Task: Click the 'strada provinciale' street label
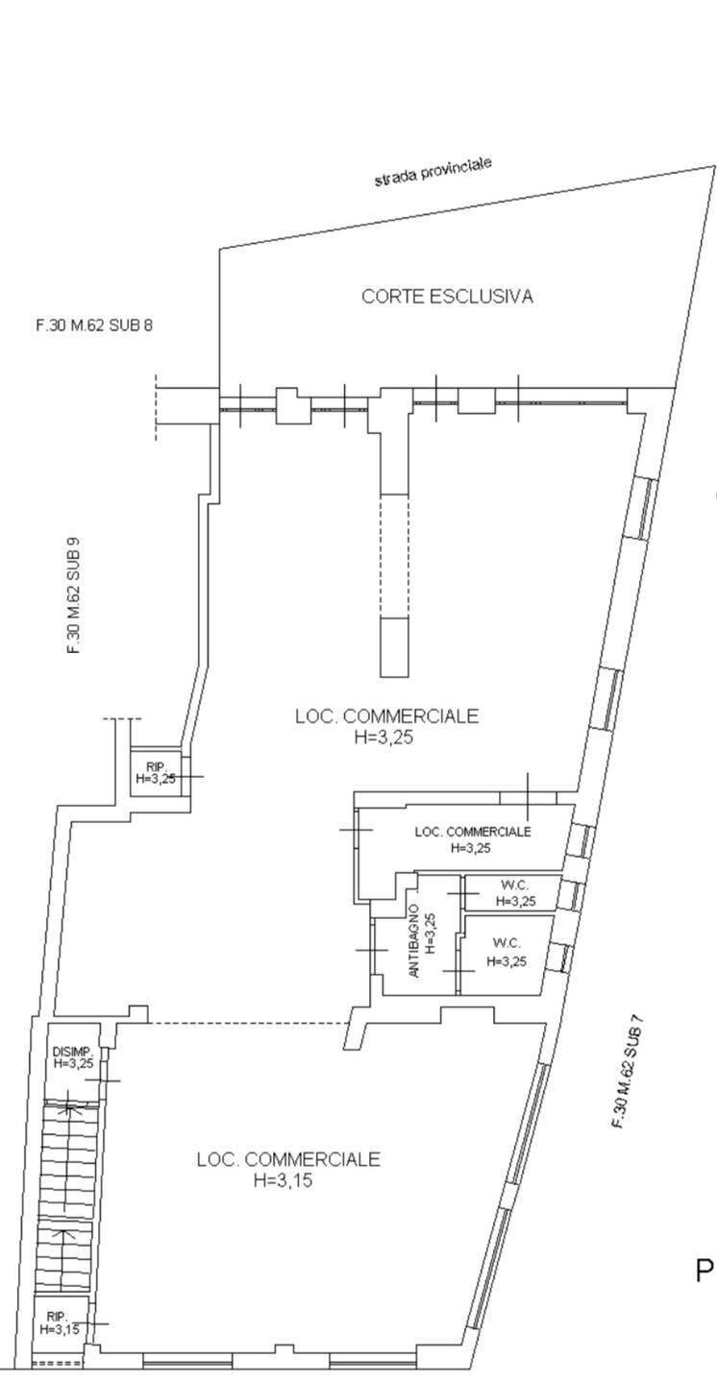point(433,172)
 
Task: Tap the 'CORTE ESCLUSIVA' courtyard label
point(447,297)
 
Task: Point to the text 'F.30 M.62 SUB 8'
point(94,326)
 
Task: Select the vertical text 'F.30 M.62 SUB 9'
point(73,595)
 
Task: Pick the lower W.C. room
point(507,955)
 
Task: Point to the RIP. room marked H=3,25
point(155,772)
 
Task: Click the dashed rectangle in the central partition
point(394,556)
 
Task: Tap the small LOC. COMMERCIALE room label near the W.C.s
point(472,832)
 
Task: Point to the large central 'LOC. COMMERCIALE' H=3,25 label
point(386,716)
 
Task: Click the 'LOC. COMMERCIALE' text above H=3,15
point(288,1159)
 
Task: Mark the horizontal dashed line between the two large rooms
point(250,1023)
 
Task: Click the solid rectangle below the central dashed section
point(394,646)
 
